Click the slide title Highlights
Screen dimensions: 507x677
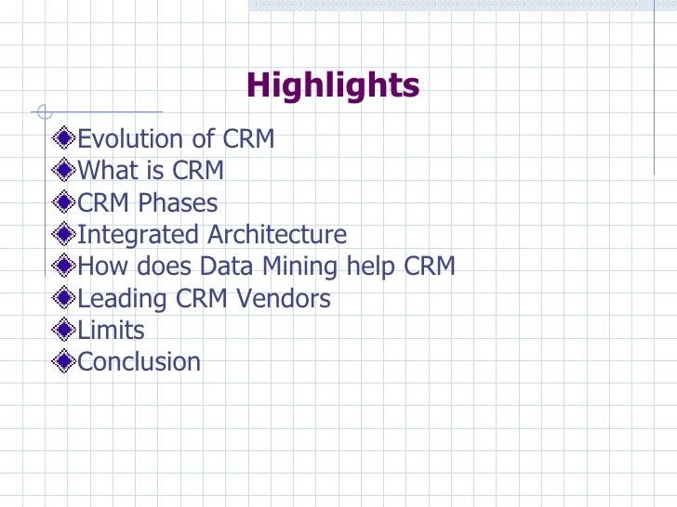[x=333, y=86]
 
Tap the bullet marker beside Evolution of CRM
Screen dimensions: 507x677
[x=64, y=139]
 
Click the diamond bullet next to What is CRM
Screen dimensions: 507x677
[x=64, y=171]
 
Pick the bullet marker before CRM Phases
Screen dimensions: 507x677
[x=64, y=203]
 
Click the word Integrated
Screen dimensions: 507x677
[x=139, y=235]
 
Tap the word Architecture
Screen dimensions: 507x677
[x=277, y=235]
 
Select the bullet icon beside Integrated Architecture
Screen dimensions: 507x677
[x=64, y=235]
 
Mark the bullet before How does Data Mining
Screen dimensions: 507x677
[x=64, y=266]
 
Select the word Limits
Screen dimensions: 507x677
[x=111, y=331]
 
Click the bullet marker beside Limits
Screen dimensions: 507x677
[x=64, y=331]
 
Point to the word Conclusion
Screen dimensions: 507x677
[x=139, y=362]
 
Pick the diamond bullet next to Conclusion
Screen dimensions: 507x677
[x=64, y=362]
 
